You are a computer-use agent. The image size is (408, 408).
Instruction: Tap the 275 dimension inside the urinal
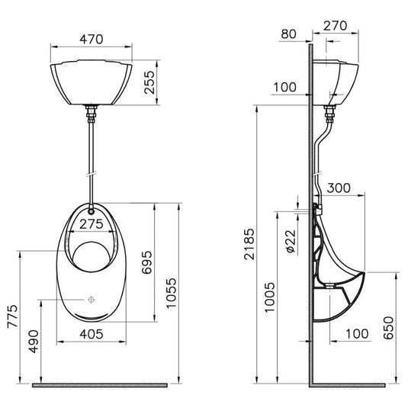pos(90,225)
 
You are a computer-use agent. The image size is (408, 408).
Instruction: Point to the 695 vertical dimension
pos(146,263)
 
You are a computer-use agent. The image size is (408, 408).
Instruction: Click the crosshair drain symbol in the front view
pos(90,300)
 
